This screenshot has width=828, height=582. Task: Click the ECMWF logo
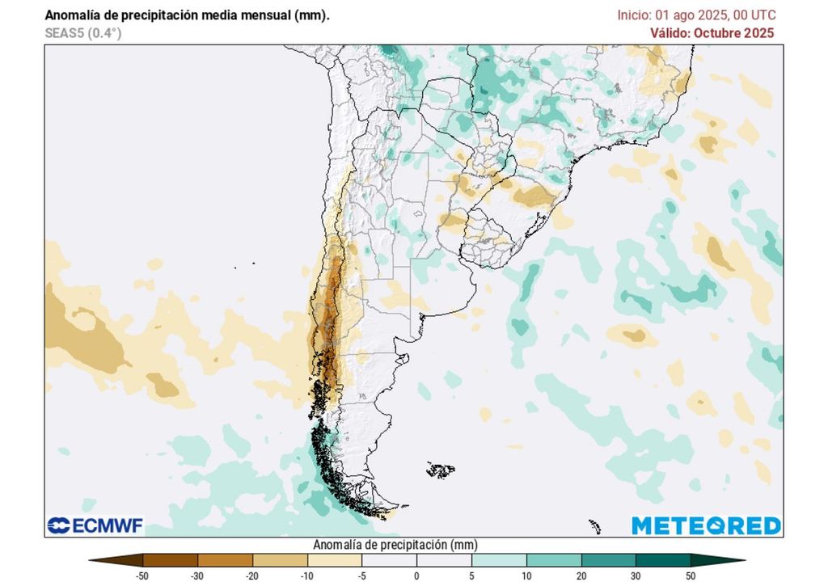(95, 526)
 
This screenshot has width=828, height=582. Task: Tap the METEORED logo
(706, 525)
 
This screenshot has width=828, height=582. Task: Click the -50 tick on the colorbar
(143, 575)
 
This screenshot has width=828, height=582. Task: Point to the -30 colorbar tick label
(197, 575)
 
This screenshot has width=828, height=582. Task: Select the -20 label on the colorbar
(252, 575)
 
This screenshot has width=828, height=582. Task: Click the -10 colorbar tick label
(307, 575)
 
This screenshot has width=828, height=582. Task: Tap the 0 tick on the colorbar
(416, 575)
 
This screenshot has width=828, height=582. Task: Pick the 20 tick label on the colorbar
(581, 575)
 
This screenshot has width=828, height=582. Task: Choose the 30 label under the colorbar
(636, 575)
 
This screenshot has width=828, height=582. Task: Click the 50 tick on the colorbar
(690, 575)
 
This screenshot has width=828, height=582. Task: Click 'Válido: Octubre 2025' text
(712, 33)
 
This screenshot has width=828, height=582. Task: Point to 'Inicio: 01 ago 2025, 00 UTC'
(696, 15)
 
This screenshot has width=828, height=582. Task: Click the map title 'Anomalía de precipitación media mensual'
(187, 15)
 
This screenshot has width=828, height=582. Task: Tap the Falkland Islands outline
(441, 470)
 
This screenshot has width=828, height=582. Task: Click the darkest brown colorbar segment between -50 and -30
(170, 559)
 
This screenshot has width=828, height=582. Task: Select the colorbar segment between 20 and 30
(608, 559)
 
